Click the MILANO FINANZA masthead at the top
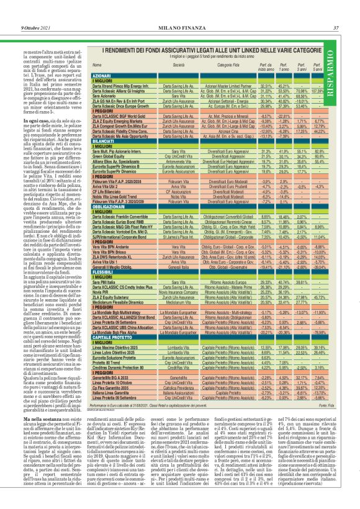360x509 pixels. click(x=180, y=11)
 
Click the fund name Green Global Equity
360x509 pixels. click(x=108, y=158)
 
